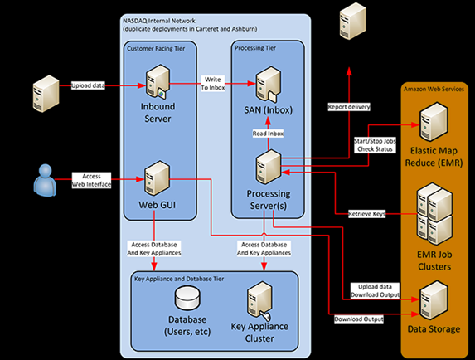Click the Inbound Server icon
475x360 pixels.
(x=158, y=81)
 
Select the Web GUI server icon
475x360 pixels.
(x=157, y=178)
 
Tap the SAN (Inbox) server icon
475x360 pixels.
(x=269, y=85)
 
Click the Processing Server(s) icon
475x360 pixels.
(x=269, y=167)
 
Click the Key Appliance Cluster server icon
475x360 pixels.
(x=259, y=300)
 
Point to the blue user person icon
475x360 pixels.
(x=45, y=180)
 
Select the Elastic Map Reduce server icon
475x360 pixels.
(x=434, y=122)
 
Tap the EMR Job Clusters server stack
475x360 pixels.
(x=434, y=214)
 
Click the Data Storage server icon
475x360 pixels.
(x=434, y=300)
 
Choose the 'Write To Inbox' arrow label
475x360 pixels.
(x=213, y=84)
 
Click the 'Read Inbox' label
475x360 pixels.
(x=268, y=134)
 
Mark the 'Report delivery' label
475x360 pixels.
(x=349, y=107)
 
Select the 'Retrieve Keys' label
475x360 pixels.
(x=367, y=214)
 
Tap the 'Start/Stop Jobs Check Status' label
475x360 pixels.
(x=375, y=145)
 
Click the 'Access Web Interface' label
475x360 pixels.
(x=91, y=180)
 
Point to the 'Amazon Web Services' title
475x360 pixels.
(x=434, y=89)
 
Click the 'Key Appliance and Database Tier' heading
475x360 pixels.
(x=179, y=279)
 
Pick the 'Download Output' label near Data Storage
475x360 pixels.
(x=359, y=319)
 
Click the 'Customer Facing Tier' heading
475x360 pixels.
(x=156, y=48)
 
